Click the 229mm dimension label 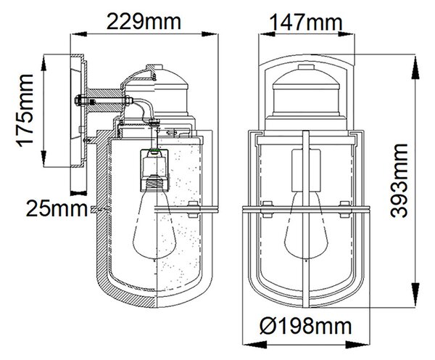144,22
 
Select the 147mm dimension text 306,22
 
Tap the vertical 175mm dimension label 25,110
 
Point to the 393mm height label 399,181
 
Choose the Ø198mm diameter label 306,326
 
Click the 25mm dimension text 57,208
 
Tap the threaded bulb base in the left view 154,184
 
